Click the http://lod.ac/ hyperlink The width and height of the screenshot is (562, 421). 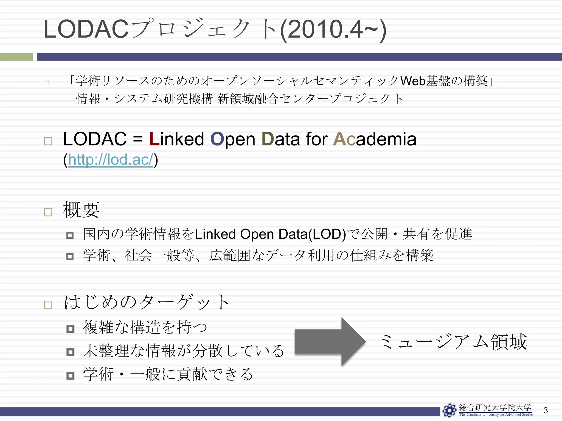110,160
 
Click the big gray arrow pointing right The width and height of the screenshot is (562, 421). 329,342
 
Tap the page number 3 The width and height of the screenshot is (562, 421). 546,410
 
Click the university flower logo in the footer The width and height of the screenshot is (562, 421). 449,410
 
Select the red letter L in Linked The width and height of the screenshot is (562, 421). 154,139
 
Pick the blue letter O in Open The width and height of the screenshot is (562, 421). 217,139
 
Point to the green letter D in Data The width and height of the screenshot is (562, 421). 268,139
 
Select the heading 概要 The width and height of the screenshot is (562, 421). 81,210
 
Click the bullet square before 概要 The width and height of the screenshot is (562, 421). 48,212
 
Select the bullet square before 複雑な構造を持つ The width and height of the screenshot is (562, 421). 70,329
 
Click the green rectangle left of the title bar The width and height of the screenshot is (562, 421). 16,57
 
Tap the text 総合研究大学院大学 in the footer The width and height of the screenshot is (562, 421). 495,408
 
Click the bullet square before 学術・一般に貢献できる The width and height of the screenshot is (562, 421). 70,375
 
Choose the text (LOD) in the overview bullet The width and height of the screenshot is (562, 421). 327,234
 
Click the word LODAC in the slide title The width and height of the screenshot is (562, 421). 86,30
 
